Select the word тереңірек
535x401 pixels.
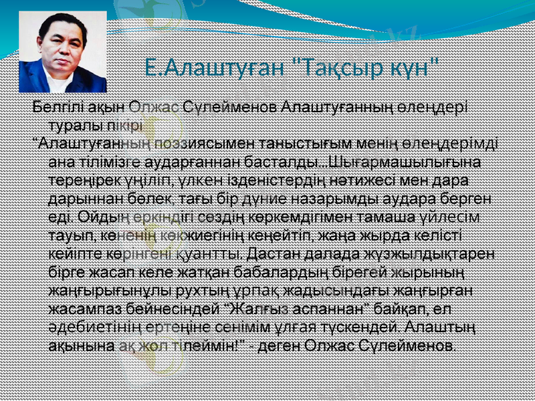click(x=86, y=180)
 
